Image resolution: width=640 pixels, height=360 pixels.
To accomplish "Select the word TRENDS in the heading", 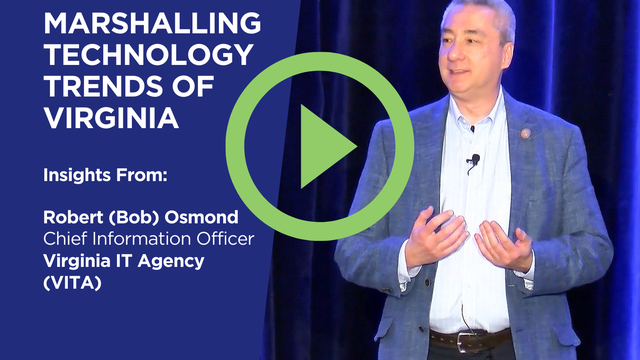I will [x=99, y=86].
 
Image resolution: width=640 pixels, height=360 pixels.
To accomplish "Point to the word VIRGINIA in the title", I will [x=111, y=118].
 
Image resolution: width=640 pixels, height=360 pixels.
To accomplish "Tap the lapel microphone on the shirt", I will [x=475, y=160].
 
